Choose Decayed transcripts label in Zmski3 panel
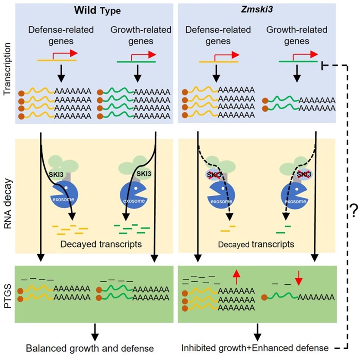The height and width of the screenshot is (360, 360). pos(256,245)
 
